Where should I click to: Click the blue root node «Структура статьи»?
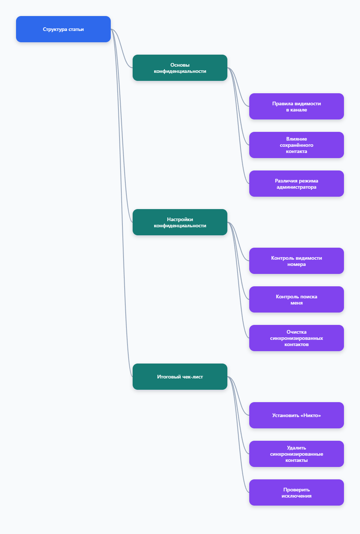click(63, 29)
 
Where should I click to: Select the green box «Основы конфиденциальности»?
click(180, 68)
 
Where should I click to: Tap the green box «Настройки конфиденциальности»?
click(180, 222)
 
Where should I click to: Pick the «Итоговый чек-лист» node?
click(180, 377)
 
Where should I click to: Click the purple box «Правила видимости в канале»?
click(296, 106)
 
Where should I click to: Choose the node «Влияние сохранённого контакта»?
click(296, 145)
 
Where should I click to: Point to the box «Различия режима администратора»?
click(296, 184)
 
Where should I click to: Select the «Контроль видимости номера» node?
click(296, 261)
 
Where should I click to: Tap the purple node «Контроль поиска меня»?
click(296, 299)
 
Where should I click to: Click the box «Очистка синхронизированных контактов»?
click(296, 338)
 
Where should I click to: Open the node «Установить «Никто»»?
click(296, 415)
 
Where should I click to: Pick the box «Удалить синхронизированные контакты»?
click(296, 454)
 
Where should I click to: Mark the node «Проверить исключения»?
click(296, 492)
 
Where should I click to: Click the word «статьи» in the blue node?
click(76, 29)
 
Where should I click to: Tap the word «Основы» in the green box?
click(180, 65)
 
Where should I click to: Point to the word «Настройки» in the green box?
click(180, 219)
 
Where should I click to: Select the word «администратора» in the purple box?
click(296, 187)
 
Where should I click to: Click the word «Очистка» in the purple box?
click(296, 332)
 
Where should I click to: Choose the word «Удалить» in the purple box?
click(296, 448)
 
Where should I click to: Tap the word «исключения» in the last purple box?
click(296, 496)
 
